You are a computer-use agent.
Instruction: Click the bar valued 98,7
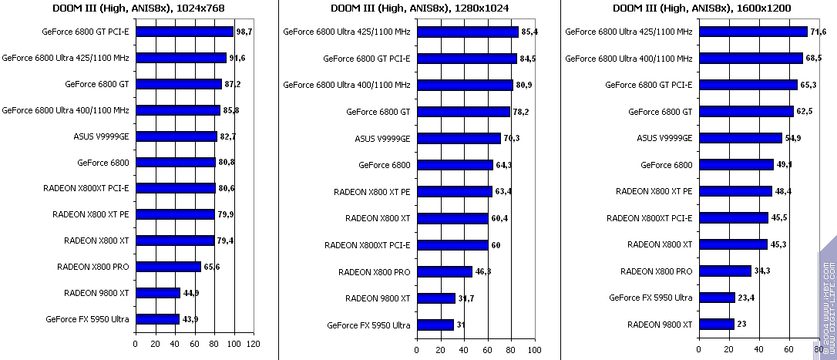coord(184,32)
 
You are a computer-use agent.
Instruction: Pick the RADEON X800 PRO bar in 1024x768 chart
coord(168,267)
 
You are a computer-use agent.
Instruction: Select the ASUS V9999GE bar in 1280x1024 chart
coord(459,139)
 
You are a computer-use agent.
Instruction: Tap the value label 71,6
coord(818,32)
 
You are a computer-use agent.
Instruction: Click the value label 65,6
coord(212,267)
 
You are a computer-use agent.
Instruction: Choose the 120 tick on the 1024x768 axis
coord(254,344)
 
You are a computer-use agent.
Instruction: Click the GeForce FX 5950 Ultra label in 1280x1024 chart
coord(368,325)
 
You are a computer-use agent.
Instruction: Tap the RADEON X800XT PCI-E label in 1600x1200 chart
coord(650,218)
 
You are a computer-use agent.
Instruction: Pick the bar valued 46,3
coord(444,272)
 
